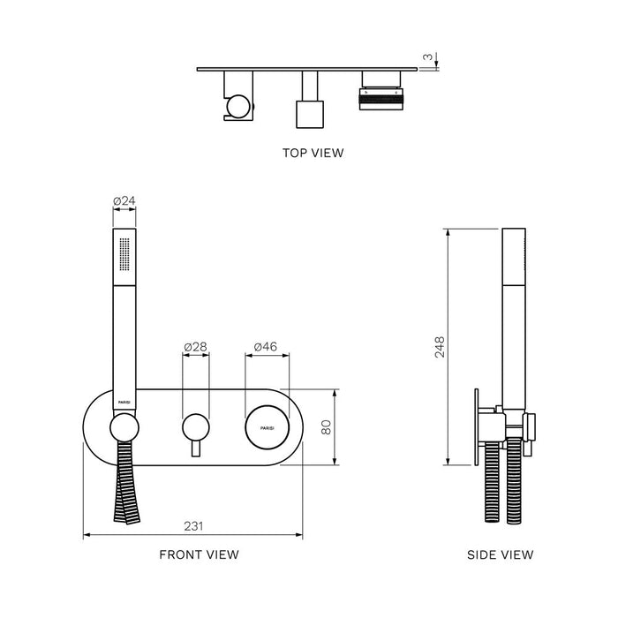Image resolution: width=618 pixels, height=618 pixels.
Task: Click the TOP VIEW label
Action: [313, 153]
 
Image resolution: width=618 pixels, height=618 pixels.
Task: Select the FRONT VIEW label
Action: [199, 554]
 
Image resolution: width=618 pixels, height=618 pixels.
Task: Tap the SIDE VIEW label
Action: [501, 554]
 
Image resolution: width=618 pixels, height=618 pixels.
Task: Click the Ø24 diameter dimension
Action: [124, 201]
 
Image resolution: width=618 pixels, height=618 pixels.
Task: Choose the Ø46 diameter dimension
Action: [266, 347]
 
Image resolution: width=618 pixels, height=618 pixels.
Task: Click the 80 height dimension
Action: [327, 427]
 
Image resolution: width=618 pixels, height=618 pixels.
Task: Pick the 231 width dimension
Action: [194, 525]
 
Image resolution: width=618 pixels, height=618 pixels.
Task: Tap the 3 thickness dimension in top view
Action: [427, 58]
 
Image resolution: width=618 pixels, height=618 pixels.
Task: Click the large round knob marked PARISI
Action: [267, 428]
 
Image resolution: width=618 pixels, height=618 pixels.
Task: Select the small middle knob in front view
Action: [194, 428]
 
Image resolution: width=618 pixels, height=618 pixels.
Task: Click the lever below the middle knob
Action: [194, 448]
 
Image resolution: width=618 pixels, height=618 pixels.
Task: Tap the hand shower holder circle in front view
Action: [124, 430]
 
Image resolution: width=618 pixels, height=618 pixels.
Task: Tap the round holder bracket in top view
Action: [237, 108]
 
